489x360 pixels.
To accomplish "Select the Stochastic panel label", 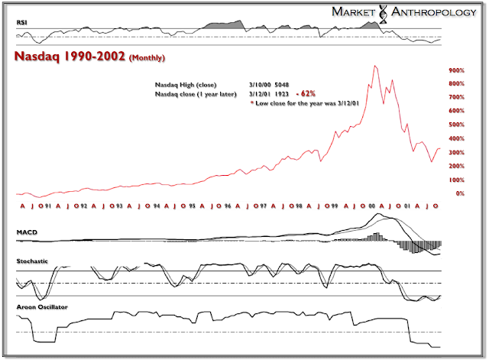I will (x=34, y=262).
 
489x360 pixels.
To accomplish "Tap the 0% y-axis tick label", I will (x=460, y=193).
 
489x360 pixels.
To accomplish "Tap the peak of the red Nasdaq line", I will (x=374, y=66).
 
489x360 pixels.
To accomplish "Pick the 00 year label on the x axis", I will (x=372, y=206).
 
